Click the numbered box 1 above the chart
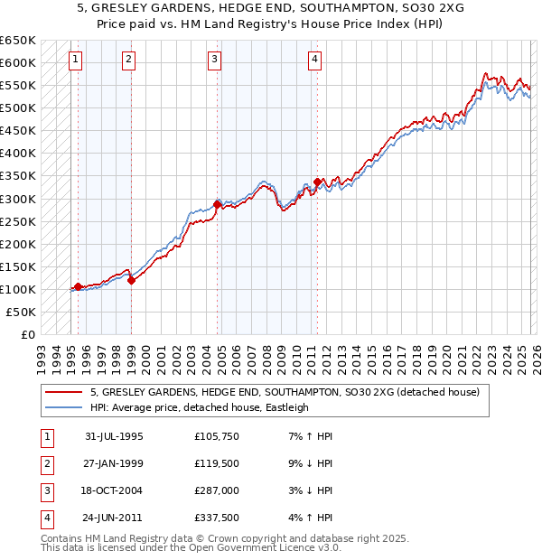[x=74, y=60]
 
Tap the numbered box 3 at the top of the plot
[x=215, y=60]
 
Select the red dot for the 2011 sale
[x=317, y=182]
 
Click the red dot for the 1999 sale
[x=131, y=280]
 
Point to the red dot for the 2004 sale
[x=217, y=204]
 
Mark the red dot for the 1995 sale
[x=79, y=286]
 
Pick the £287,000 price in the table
[x=216, y=492]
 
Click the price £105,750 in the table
[x=216, y=436]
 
